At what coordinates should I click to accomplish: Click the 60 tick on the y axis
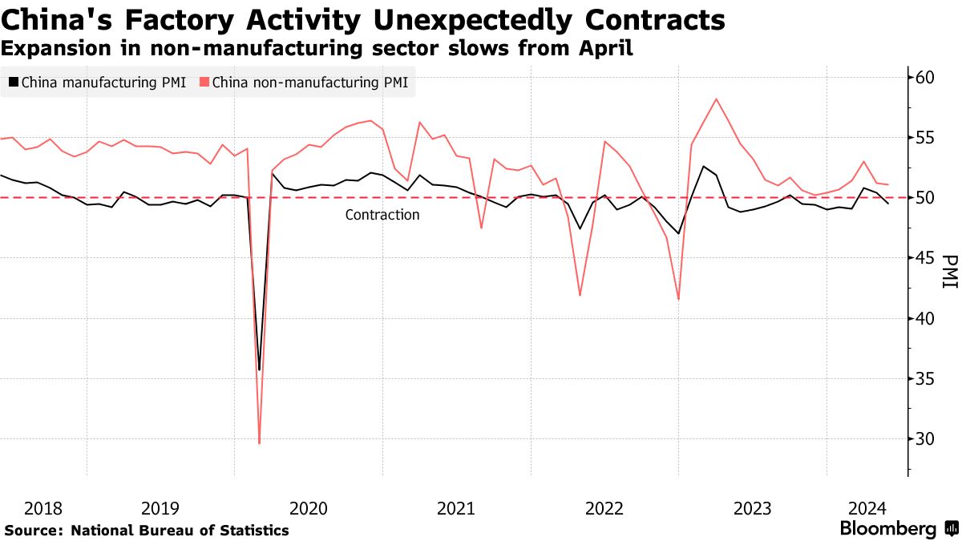click(x=925, y=77)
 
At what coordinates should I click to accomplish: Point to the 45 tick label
click(x=925, y=257)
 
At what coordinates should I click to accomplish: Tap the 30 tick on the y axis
click(x=925, y=438)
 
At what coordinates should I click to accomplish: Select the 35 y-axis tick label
click(x=925, y=378)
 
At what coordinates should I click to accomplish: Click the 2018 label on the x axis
click(x=43, y=508)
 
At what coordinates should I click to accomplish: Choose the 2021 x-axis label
click(x=456, y=508)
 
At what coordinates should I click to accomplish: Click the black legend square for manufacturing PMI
click(x=14, y=82)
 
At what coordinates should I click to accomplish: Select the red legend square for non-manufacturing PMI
click(x=204, y=82)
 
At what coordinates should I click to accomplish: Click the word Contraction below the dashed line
click(x=382, y=215)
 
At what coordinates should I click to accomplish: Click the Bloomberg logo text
click(x=887, y=529)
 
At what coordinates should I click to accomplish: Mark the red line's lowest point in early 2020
click(x=259, y=443)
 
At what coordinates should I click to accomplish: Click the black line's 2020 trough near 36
click(x=259, y=369)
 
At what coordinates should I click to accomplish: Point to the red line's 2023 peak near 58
click(x=716, y=99)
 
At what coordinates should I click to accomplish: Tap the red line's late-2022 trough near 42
click(x=679, y=299)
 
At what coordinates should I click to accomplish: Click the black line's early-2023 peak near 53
click(x=703, y=166)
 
